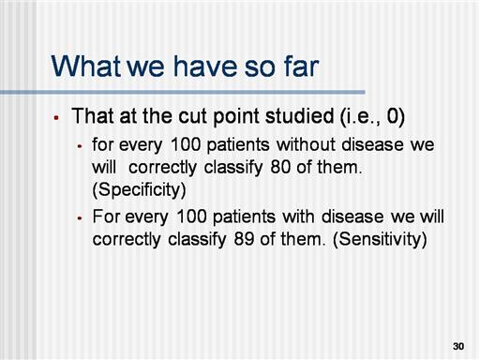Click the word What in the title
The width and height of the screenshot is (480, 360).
tap(86, 66)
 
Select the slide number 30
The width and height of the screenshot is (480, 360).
tap(458, 346)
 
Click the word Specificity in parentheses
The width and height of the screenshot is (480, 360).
tap(139, 189)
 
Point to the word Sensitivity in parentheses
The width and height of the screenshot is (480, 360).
tap(380, 239)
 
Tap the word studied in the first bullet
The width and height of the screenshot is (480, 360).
tap(299, 116)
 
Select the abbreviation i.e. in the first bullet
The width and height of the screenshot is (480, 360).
tap(359, 116)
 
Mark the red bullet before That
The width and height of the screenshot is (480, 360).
tap(56, 118)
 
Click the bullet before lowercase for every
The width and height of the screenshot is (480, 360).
tap(80, 145)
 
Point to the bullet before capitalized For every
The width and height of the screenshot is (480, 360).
tap(80, 218)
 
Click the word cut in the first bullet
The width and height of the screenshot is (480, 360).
tap(193, 116)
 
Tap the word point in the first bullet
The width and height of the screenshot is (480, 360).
tap(236, 117)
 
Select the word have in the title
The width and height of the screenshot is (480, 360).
tap(203, 66)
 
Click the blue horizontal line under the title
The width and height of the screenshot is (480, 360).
tap(183, 92)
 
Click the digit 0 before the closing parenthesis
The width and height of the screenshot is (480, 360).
tap(392, 116)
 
